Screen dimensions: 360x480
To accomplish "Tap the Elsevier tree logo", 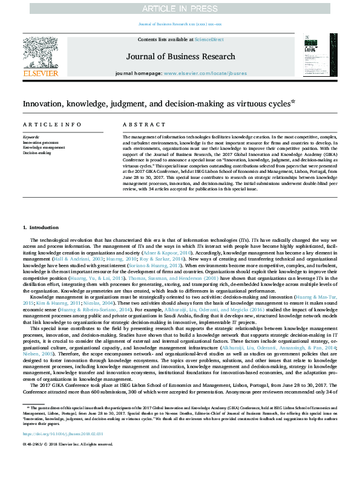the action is pos(39,51).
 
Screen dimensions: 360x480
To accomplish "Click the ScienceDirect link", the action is pos(209,39).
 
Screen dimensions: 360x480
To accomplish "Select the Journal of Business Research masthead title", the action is pos(180,57).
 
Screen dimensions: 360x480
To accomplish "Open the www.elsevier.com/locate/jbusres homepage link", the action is pos(205,73).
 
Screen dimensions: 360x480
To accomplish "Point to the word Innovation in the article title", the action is pos(44,103).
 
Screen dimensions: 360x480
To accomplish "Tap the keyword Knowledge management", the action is pos(44,148).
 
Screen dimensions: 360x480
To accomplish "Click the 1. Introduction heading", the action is pos(41,227).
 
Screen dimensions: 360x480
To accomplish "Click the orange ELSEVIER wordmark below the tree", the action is pos(40,73).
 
